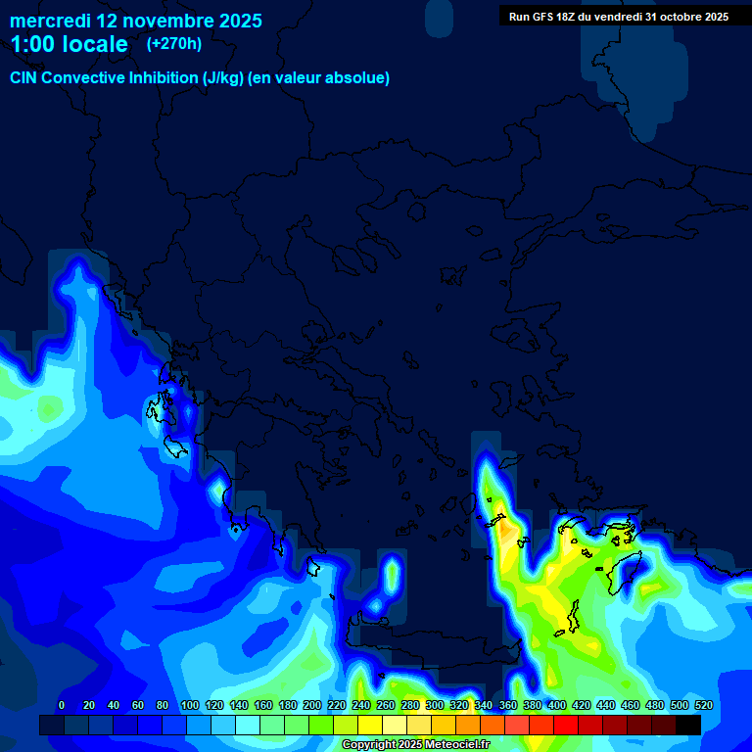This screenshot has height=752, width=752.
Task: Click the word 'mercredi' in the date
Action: click(49, 20)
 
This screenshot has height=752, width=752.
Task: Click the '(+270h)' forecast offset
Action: click(174, 43)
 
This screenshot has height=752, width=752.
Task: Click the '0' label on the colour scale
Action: click(62, 705)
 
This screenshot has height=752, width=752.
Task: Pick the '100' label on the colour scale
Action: click(190, 705)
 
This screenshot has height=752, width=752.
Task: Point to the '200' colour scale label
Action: click(312, 705)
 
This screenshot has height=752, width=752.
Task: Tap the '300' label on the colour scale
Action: click(435, 705)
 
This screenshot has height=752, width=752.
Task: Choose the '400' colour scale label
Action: click(557, 705)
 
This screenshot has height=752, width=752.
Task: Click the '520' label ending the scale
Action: click(703, 705)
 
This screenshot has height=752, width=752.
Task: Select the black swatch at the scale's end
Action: click(688, 725)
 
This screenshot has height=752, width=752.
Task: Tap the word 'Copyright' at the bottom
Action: click(367, 745)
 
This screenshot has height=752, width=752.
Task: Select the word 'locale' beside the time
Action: click(95, 44)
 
